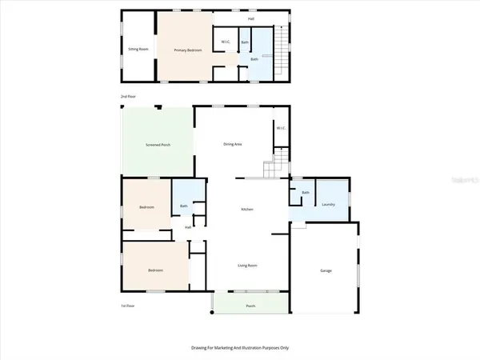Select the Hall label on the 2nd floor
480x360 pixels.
coord(250,18)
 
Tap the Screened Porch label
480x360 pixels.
coord(157,145)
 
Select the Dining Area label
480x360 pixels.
coord(232,144)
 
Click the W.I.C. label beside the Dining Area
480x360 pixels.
coord(280,128)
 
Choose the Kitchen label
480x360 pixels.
coord(247,210)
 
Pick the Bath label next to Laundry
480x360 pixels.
coord(306,193)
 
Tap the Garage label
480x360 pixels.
coord(326,271)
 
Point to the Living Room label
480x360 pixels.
coord(246,265)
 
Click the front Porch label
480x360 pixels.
coord(250,306)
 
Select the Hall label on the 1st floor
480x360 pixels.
coord(188,228)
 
